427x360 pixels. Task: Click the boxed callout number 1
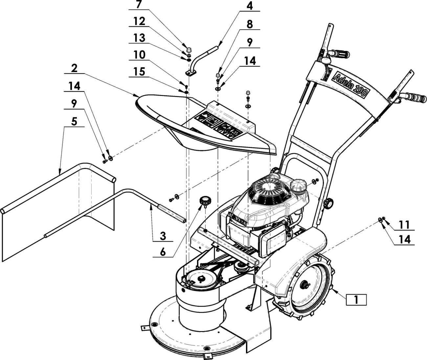tap(356, 300)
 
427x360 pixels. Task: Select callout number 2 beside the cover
tap(74, 68)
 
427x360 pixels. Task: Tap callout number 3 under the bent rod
tap(163, 236)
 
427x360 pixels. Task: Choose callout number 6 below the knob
tap(163, 252)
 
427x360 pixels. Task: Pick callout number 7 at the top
tap(139, 5)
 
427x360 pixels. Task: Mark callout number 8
tap(250, 25)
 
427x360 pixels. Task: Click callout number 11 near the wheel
tap(404, 225)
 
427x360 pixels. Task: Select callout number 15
tap(140, 72)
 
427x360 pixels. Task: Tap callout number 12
tap(140, 21)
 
